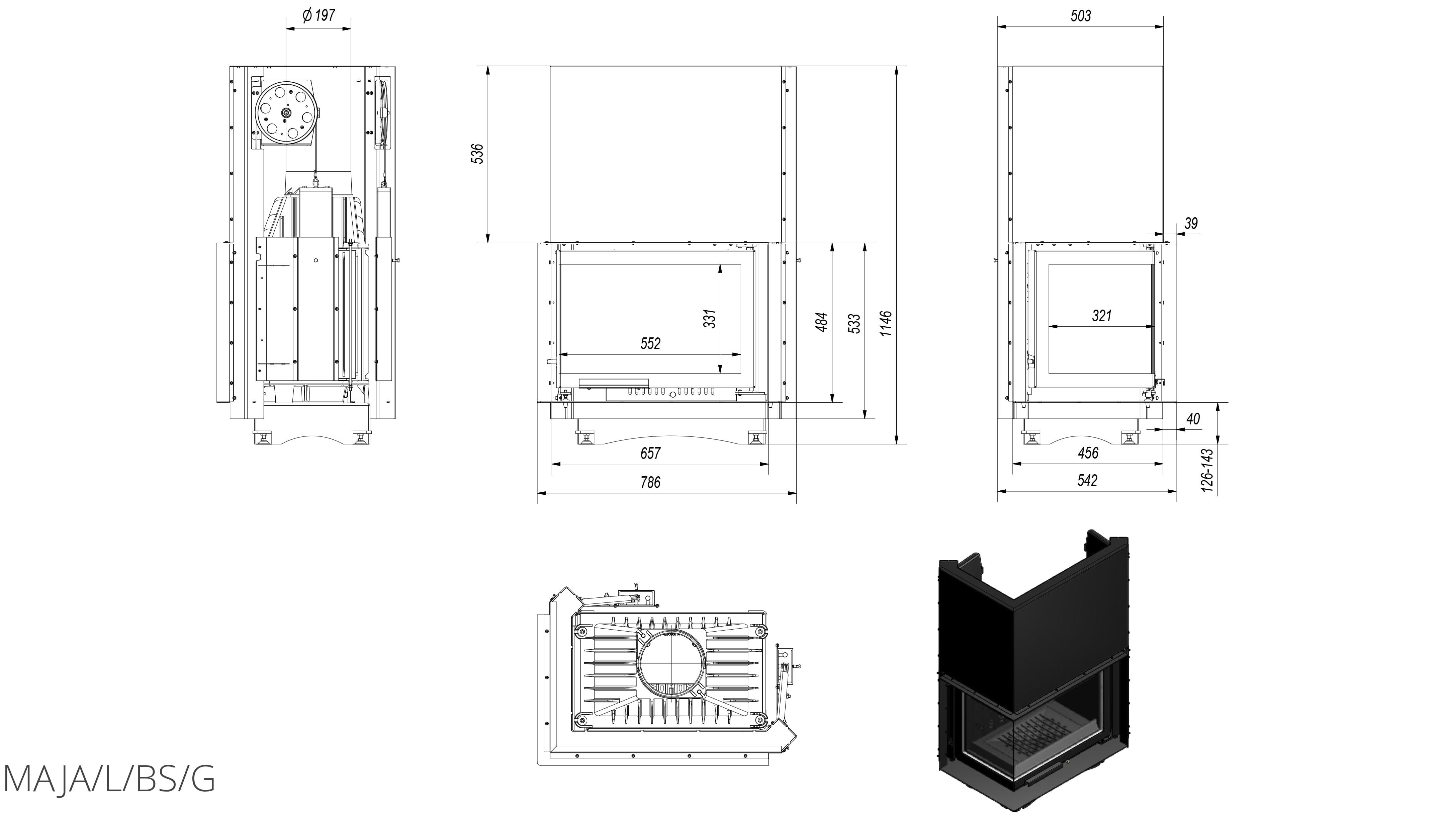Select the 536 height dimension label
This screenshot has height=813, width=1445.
click(477, 154)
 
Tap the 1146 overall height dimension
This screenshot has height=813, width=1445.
click(886, 324)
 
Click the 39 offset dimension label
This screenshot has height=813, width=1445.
click(1190, 223)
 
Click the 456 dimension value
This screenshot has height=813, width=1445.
click(1088, 453)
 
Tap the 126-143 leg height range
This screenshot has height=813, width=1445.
click(1208, 470)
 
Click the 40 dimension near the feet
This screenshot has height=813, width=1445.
click(1193, 419)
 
